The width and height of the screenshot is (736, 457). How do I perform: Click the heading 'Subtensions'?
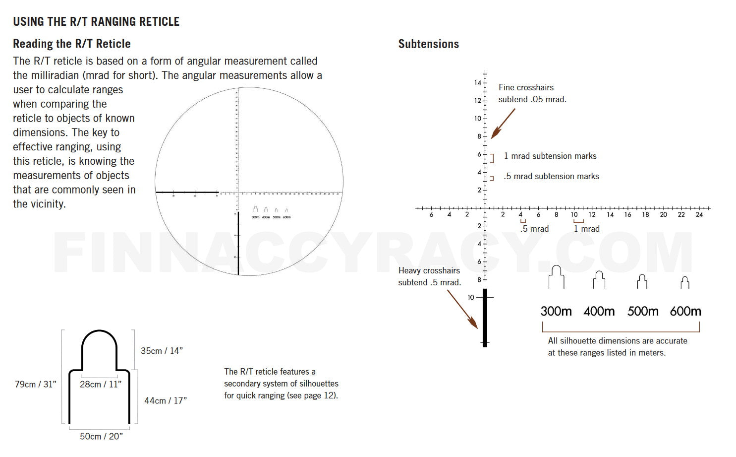coord(428,44)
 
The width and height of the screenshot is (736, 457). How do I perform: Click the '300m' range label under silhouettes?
coord(556,312)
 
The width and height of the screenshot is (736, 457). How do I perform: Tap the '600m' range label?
coord(685,312)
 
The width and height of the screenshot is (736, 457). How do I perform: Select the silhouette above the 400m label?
coord(599,280)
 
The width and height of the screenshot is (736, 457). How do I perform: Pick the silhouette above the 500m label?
coord(642,281)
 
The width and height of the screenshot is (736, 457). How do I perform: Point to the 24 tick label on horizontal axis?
coord(699,215)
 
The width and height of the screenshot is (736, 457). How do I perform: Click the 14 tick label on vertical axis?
coord(477,83)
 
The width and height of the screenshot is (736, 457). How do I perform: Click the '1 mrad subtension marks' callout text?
coord(550,156)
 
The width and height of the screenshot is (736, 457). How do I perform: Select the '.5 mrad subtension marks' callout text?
coord(551,176)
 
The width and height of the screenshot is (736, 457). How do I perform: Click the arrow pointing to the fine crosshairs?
coord(503,124)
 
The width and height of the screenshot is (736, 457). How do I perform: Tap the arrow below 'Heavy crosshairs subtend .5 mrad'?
coord(462,309)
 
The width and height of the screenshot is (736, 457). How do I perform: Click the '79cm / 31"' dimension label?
coord(35,385)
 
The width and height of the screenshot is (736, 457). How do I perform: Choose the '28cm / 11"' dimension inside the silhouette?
coord(100,385)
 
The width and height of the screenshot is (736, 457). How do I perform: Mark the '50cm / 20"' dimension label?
coord(101,437)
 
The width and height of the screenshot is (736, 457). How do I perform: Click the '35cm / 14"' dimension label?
coord(162,351)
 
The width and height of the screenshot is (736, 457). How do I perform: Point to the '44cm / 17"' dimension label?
coord(166,400)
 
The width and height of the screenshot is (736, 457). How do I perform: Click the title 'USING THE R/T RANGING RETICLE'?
coord(96,22)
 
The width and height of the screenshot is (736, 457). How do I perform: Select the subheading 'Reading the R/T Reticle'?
coord(72,44)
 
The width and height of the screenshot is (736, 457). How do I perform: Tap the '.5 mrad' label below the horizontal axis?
coord(534,229)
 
